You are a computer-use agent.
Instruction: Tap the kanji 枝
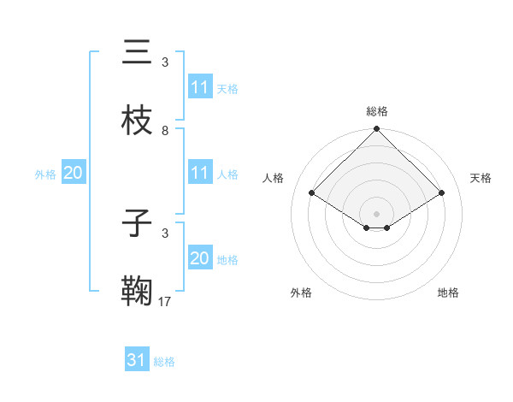click(137, 120)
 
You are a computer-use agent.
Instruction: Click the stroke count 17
click(165, 300)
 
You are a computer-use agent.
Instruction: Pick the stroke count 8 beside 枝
click(165, 130)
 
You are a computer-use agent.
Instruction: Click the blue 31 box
click(137, 360)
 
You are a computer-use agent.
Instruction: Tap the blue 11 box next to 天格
click(200, 87)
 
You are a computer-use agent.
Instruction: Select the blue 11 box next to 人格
click(200, 173)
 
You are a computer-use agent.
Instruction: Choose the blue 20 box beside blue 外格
click(73, 173)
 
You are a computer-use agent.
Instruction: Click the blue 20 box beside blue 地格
click(200, 258)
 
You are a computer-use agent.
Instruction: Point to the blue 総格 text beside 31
click(164, 362)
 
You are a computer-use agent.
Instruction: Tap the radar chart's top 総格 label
click(377, 111)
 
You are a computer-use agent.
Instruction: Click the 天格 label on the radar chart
click(481, 178)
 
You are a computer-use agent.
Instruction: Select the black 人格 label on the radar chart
click(274, 178)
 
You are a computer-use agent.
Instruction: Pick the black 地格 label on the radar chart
click(448, 293)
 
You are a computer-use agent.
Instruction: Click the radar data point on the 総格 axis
click(377, 130)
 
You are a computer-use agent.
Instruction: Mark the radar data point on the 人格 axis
click(312, 192)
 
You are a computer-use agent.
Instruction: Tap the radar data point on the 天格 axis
click(442, 192)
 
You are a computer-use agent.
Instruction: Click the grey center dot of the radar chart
click(377, 213)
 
